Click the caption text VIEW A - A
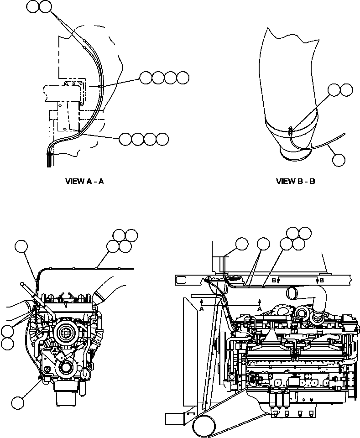pos(85,181)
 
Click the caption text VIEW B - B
pos(295,181)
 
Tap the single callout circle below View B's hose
pos(339,160)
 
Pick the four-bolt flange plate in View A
pos(73,90)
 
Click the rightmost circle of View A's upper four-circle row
pos(183,78)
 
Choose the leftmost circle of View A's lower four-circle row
pos(125,139)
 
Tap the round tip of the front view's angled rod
pos(22,284)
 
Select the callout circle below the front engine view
pos(18,402)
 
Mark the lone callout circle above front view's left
pos(21,246)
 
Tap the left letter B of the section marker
pos(274,280)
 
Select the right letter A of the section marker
pos(260,309)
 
